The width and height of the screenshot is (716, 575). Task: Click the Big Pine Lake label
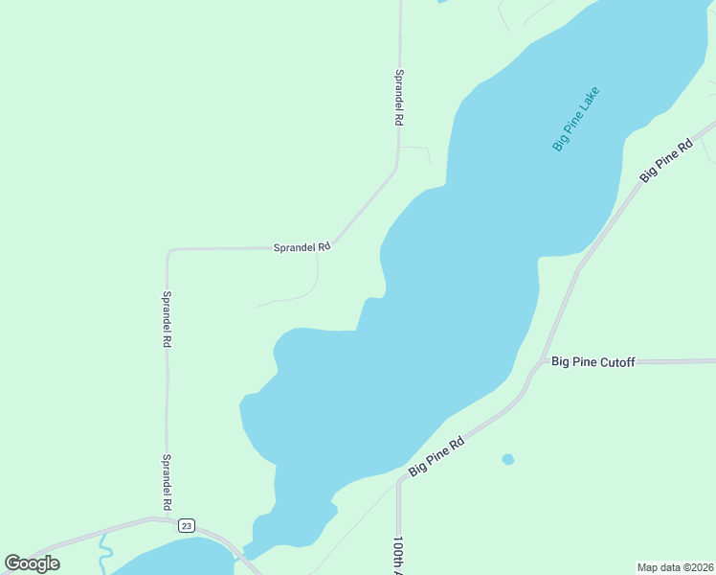click(576, 119)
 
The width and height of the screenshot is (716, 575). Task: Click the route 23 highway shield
click(187, 525)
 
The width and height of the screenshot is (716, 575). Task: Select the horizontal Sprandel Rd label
click(302, 246)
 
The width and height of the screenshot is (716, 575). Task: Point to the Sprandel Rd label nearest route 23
click(167, 482)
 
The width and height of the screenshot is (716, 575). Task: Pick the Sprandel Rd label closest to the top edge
click(399, 98)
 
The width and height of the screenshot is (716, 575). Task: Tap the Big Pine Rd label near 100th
click(436, 457)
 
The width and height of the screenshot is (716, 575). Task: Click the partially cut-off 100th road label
click(399, 554)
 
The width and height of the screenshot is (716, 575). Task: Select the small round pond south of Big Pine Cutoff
click(508, 460)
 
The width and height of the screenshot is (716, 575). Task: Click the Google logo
click(33, 563)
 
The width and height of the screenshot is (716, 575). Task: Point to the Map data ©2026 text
click(676, 567)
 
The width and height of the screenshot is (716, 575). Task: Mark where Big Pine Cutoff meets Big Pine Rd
click(533, 367)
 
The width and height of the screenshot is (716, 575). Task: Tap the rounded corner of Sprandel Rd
click(169, 251)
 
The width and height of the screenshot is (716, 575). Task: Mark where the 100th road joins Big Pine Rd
click(398, 482)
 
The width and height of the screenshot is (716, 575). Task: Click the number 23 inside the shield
click(187, 525)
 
